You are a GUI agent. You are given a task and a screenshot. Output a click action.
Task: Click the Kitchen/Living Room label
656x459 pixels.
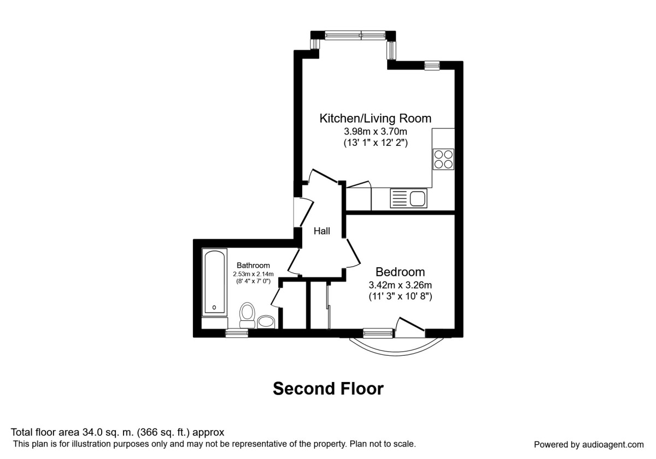tap(375, 118)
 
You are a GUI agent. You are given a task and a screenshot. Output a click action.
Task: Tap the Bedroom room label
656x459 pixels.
tap(400, 272)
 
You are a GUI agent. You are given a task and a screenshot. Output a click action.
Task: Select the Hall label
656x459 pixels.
tap(321, 231)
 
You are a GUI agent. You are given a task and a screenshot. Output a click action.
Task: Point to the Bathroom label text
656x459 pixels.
tap(253, 266)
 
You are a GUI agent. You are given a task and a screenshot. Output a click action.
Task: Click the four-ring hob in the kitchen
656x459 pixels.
tap(443, 158)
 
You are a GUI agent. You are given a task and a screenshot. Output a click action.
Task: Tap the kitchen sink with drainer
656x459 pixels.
tap(408, 198)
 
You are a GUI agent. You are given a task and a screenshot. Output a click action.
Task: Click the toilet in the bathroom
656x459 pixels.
tap(247, 315)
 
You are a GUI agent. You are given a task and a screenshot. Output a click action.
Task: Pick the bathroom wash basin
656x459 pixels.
tap(266, 321)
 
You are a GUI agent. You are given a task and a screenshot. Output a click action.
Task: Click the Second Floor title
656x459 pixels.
tap(328, 389)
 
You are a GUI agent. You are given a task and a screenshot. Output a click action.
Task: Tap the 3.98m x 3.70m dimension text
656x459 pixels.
tap(375, 131)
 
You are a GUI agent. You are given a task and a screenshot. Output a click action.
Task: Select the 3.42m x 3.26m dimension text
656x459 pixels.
tap(400, 285)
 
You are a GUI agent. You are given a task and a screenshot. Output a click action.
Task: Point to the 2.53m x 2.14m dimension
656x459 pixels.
tap(253, 274)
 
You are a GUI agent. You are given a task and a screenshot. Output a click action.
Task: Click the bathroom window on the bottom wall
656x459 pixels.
tap(237, 332)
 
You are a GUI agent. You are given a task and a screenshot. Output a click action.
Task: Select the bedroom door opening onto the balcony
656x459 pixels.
tap(410, 326)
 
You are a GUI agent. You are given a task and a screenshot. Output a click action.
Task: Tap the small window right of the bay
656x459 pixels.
tap(432, 66)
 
